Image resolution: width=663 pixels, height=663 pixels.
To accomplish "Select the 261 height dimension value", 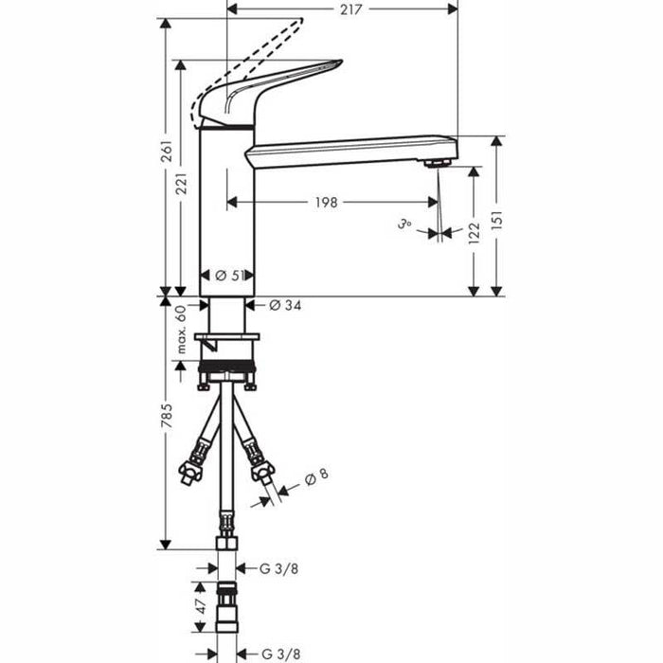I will click(x=167, y=151).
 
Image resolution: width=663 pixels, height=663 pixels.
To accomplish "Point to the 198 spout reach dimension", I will click(x=329, y=202).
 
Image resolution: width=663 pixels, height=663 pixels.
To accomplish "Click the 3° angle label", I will click(x=405, y=225).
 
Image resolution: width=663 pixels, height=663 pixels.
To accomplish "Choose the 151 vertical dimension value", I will click(x=495, y=228).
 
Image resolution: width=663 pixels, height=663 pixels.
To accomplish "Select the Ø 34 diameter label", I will click(x=285, y=305).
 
